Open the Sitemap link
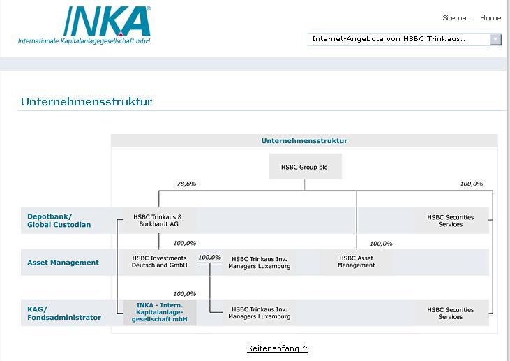click(x=456, y=18)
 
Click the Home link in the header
click(x=490, y=18)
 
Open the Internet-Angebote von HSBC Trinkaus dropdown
click(x=405, y=39)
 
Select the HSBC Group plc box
click(x=304, y=168)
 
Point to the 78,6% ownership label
click(x=186, y=184)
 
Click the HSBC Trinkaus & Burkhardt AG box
click(x=158, y=221)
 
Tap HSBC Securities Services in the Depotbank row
click(x=451, y=221)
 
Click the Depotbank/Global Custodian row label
click(x=59, y=221)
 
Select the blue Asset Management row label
click(x=63, y=263)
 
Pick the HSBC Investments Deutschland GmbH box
click(x=160, y=262)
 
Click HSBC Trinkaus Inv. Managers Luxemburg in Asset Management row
click(x=259, y=263)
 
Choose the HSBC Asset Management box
click(x=357, y=262)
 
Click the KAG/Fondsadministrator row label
click(x=64, y=313)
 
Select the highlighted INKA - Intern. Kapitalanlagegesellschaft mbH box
click(x=160, y=311)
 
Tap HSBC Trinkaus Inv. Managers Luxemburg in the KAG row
click(x=259, y=313)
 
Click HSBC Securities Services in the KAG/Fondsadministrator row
click(x=451, y=313)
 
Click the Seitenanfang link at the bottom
click(x=277, y=348)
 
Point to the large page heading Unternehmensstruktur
click(x=87, y=102)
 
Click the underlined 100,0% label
click(x=209, y=258)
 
